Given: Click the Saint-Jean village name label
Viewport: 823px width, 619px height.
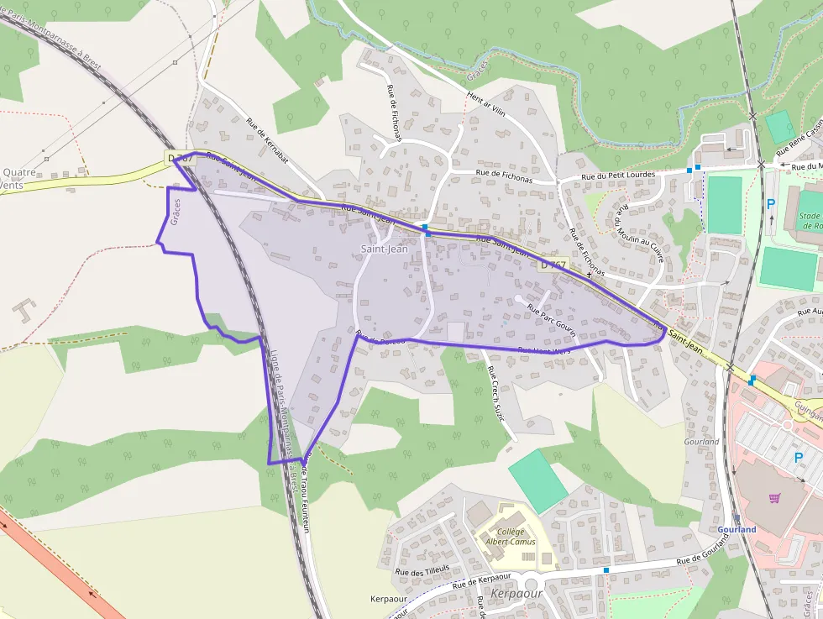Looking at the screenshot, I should tap(384, 249).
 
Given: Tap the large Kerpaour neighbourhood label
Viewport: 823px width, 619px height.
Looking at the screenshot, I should tap(516, 593).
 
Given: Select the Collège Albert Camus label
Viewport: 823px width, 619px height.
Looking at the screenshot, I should tap(511, 537).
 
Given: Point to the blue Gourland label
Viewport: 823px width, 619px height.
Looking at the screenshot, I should tap(737, 530).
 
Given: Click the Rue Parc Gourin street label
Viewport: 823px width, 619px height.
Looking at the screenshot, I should tap(551, 320).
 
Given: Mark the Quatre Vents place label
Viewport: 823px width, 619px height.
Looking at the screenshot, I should tap(18, 179).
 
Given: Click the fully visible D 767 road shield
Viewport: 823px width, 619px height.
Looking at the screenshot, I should tap(553, 265).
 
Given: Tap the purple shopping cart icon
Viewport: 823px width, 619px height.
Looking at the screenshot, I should tap(774, 497).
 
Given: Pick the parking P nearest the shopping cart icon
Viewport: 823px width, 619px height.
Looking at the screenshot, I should tap(797, 458).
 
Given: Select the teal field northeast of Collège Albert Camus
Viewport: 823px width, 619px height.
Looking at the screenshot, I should tap(537, 480).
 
